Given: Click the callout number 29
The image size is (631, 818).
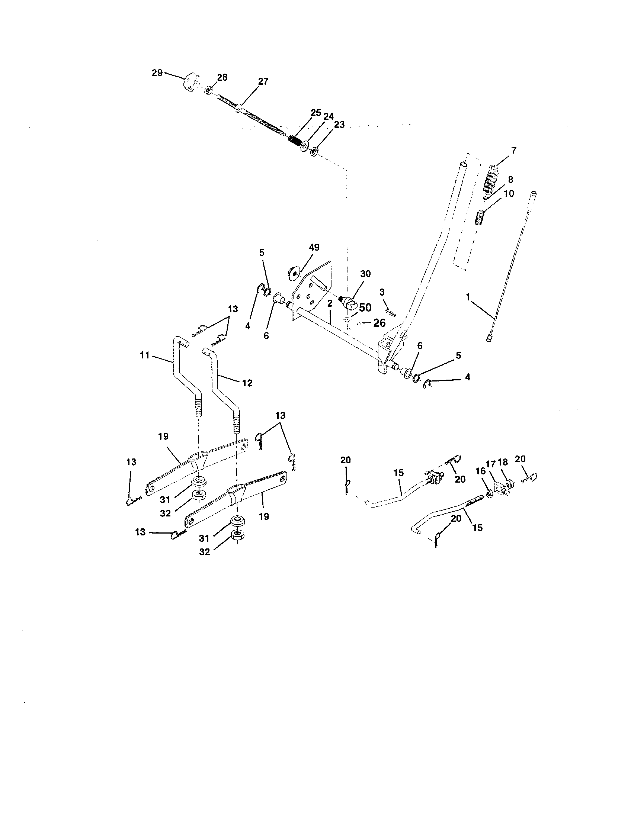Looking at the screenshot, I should (x=157, y=73).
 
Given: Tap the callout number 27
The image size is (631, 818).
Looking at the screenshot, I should (x=263, y=81).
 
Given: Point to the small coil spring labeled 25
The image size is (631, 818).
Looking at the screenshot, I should (x=295, y=142).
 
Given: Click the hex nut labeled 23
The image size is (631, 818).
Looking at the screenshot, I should (x=314, y=152).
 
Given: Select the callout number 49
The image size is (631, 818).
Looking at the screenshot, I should (x=314, y=247).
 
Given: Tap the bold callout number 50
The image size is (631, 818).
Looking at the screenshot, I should (x=365, y=307).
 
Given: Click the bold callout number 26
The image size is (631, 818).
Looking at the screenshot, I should (x=379, y=322).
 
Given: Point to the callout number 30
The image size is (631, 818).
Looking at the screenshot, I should (x=365, y=274).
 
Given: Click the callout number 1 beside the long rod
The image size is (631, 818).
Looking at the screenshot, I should (x=468, y=297).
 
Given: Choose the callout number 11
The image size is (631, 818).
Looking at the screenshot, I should (x=145, y=355).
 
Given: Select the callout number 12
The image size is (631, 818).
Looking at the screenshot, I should (x=247, y=383).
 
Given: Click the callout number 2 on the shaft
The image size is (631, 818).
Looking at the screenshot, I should (x=329, y=303).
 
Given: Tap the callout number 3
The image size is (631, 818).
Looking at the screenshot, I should (x=382, y=292).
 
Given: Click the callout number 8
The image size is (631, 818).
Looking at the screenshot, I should (x=510, y=180).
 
